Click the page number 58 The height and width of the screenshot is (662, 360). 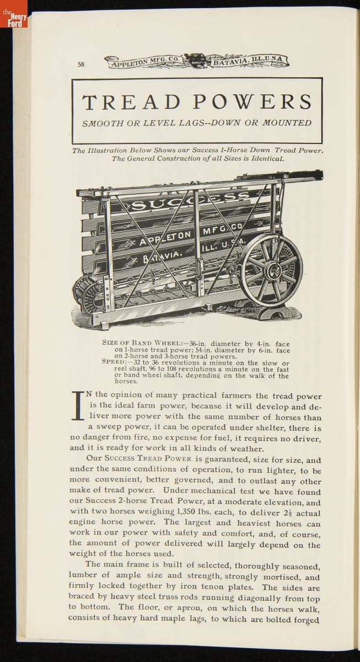pos(81,64)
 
